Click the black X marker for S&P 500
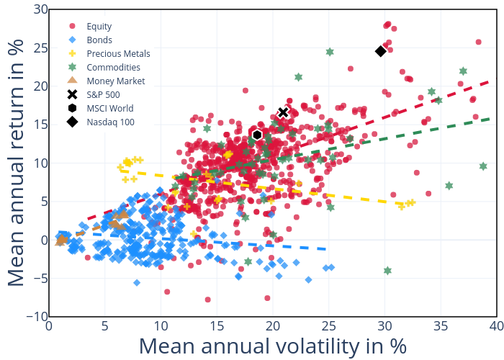(x=284, y=112)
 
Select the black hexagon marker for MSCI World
(x=257, y=135)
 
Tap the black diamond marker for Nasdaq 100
(x=381, y=51)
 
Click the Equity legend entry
(x=98, y=26)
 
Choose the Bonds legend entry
(x=99, y=40)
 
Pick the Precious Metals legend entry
(x=118, y=53)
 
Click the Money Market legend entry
(x=115, y=81)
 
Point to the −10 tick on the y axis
(x=35, y=317)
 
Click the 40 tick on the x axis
(x=496, y=326)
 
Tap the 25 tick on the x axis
(x=328, y=326)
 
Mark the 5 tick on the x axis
(x=104, y=326)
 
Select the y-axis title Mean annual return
(x=18, y=163)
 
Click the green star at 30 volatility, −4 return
(x=387, y=271)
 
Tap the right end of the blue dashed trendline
(x=328, y=249)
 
